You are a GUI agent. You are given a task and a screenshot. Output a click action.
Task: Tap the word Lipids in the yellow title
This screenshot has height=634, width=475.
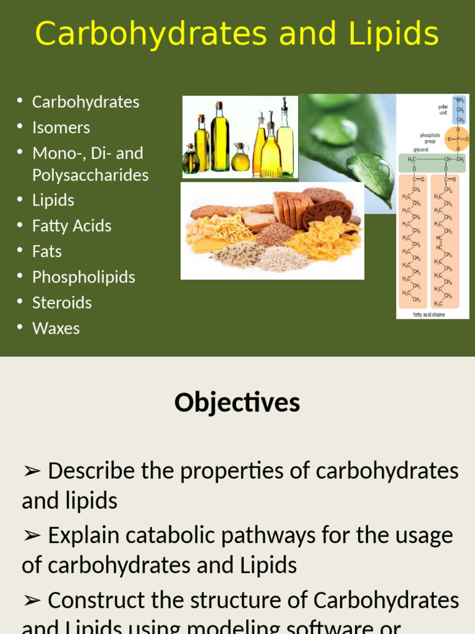click(x=394, y=34)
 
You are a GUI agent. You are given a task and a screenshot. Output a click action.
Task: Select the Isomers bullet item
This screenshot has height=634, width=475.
click(x=61, y=128)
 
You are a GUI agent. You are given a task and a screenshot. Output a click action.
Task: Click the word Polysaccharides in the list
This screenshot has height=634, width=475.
click(x=90, y=175)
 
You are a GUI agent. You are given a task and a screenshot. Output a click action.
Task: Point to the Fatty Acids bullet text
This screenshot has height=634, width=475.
click(x=72, y=226)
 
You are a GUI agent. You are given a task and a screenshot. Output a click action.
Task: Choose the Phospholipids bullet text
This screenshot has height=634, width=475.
click(x=83, y=277)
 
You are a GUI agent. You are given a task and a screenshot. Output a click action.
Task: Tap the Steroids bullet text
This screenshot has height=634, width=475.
click(x=62, y=303)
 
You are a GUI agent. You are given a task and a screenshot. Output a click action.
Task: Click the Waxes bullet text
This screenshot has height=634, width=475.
click(x=56, y=328)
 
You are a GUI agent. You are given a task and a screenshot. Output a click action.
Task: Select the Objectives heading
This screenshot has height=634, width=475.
click(x=237, y=402)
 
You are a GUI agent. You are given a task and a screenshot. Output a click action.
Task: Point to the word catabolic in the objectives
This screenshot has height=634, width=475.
click(x=155, y=535)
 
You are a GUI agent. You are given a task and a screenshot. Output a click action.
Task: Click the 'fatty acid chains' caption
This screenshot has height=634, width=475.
click(x=429, y=315)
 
